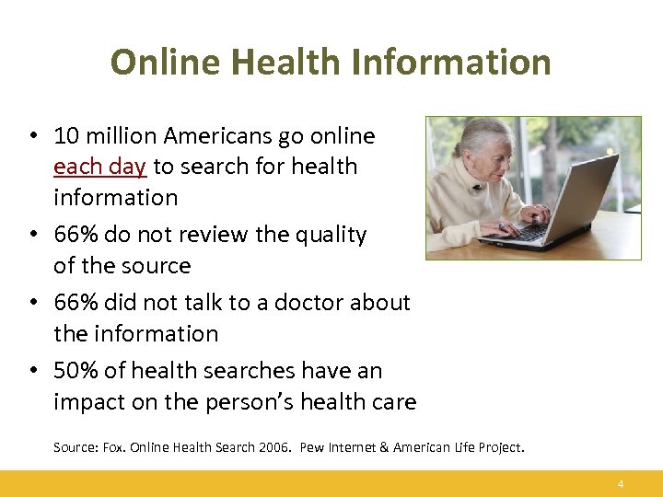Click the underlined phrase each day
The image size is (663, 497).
tap(100, 167)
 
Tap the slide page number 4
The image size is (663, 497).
tap(621, 484)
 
